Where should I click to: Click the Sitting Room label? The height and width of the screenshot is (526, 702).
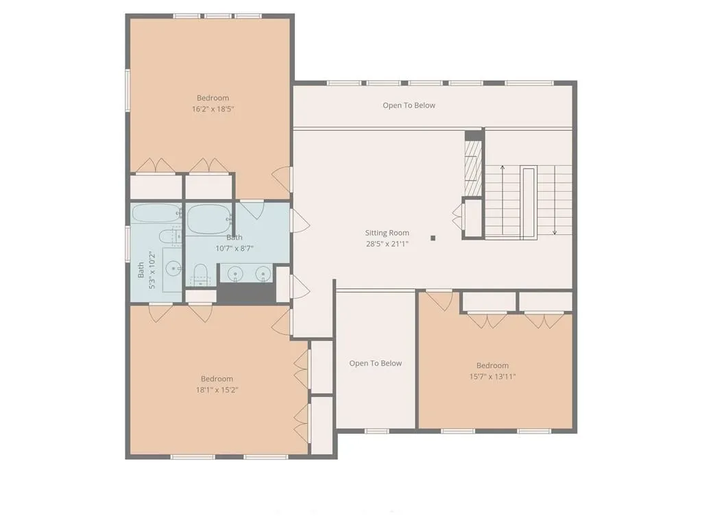(387, 233)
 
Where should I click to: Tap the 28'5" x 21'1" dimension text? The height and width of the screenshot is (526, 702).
(387, 244)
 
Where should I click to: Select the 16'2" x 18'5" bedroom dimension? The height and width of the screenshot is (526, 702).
(213, 109)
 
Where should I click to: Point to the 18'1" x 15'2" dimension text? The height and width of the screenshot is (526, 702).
(217, 390)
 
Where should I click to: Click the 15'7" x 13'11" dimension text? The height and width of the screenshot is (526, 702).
(492, 376)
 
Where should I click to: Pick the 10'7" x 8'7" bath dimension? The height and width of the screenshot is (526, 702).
(234, 248)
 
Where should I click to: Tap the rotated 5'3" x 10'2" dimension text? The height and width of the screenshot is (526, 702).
(152, 270)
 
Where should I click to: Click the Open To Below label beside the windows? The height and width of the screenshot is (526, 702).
(409, 105)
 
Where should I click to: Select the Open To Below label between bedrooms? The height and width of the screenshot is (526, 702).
(375, 363)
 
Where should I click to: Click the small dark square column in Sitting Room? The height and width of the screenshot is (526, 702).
(433, 238)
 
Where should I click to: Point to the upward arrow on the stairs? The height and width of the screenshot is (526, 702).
(503, 200)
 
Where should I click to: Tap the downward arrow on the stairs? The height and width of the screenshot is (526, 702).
(555, 200)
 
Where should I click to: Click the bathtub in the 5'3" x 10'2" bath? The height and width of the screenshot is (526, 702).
(156, 214)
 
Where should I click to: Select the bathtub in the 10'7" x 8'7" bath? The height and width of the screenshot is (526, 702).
(208, 220)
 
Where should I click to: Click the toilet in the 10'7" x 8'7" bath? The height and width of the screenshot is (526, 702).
(200, 274)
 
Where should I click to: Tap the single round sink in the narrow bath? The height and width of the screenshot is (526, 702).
(173, 268)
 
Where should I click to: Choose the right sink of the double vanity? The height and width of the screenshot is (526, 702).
(263, 274)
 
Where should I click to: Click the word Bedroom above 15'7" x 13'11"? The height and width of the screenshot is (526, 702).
(492, 366)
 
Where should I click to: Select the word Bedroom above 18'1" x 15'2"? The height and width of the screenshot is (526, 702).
(217, 379)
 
